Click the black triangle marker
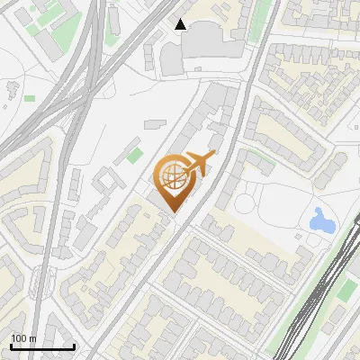pyautogui.click(x=181, y=24)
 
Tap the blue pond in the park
pyautogui.click(x=320, y=219)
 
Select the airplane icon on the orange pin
pyautogui.click(x=198, y=164)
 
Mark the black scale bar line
pyautogui.click(x=42, y=347)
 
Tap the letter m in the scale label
pyautogui.click(x=34, y=338)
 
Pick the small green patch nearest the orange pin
pyautogui.click(x=135, y=144)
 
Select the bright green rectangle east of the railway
pyautogui.click(x=347, y=290)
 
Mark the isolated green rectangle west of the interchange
pyautogui.click(x=30, y=98)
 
